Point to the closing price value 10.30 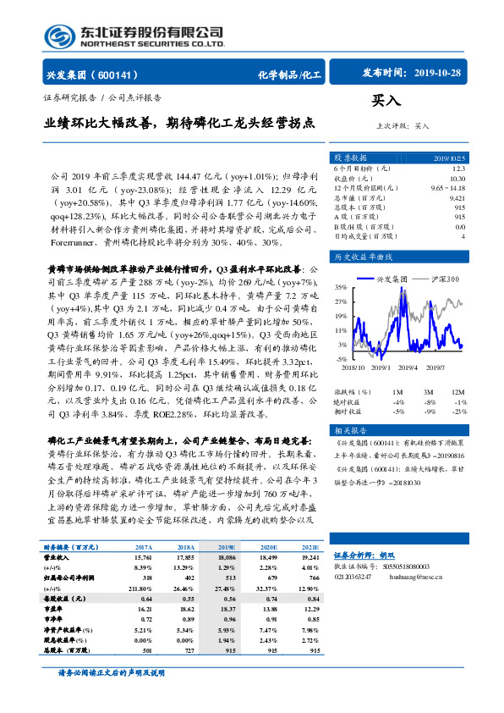pyautogui.click(x=456, y=178)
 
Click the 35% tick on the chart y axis pyautogui.click(x=342, y=287)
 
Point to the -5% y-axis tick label pyautogui.click(x=342, y=359)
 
